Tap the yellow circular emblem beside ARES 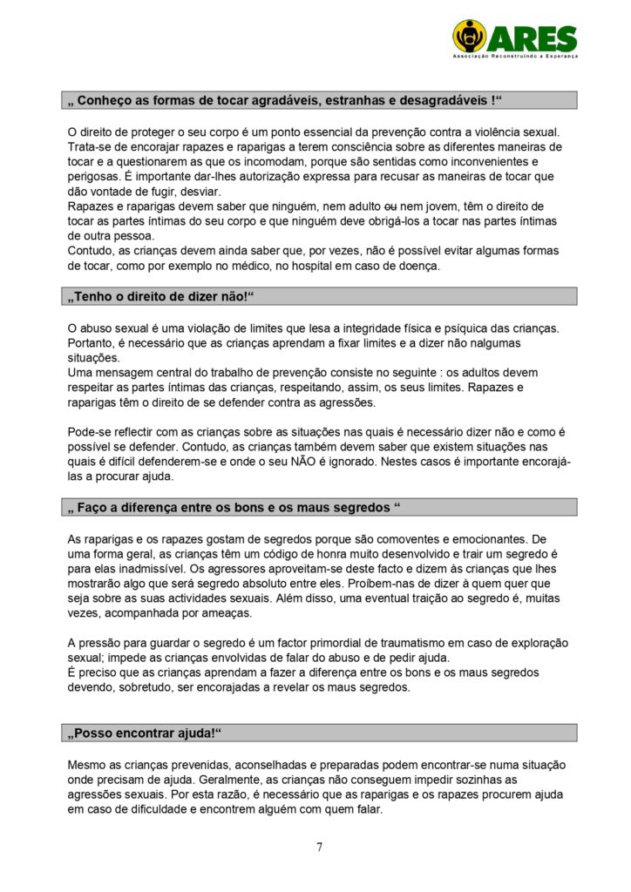click(x=470, y=37)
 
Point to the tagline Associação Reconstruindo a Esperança click(x=515, y=56)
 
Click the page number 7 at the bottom click(x=319, y=847)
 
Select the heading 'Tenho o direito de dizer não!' click(x=161, y=297)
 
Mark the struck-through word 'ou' click(x=391, y=206)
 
